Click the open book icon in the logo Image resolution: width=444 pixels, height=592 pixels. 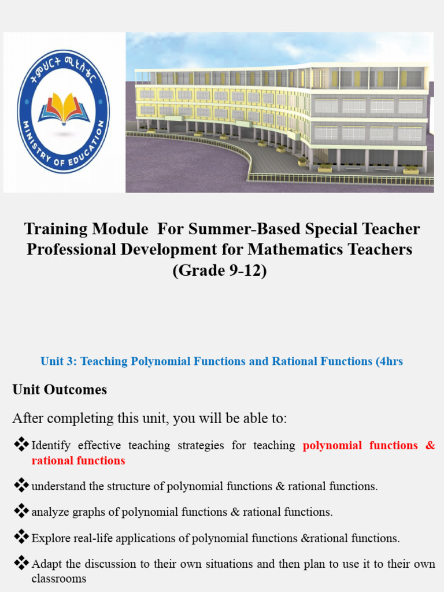[64, 108]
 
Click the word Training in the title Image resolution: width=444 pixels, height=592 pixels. [53, 229]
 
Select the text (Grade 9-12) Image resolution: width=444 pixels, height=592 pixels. [220, 271]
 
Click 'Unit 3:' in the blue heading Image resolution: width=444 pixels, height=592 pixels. [58, 361]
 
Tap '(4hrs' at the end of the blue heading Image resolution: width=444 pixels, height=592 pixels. [389, 361]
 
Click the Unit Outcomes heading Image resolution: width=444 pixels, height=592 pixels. [60, 390]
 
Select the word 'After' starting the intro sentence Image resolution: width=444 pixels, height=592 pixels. [28, 418]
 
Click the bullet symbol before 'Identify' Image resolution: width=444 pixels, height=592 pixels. [21, 445]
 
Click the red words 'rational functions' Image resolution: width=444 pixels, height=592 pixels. [78, 461]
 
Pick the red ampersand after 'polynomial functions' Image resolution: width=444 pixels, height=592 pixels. [430, 445]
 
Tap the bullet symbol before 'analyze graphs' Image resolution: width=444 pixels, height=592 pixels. [21, 510]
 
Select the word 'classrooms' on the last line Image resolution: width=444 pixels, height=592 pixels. [58, 579]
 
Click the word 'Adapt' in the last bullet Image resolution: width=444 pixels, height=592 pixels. [46, 564]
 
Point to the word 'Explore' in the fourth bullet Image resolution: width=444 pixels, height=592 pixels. [49, 538]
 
